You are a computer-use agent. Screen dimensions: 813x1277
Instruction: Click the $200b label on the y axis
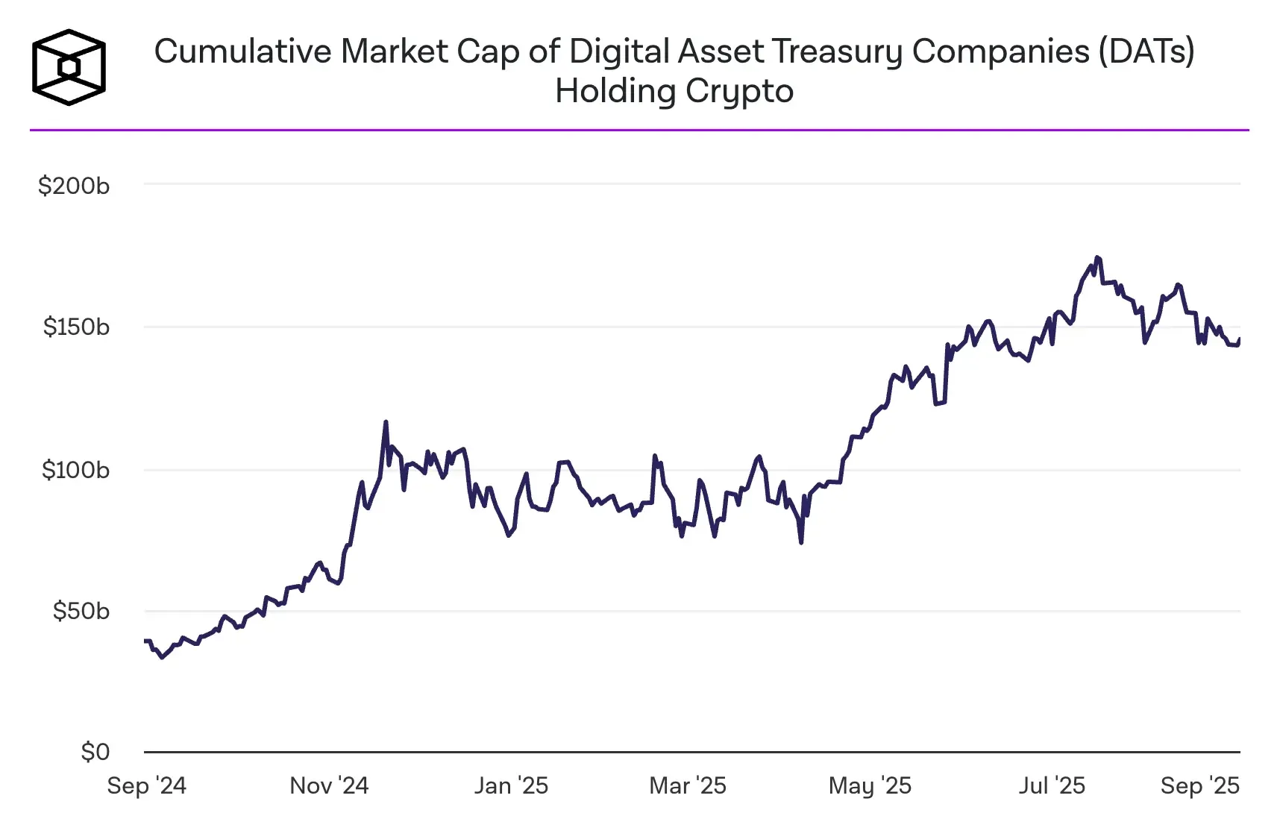74,186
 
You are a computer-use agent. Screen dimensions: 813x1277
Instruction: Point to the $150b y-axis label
76,327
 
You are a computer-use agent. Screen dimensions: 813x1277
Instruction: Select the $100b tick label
75,470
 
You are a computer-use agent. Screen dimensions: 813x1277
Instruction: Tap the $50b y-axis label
81,611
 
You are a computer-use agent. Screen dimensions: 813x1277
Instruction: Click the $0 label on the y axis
95,752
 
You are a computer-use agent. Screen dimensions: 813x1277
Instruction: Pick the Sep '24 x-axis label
146,785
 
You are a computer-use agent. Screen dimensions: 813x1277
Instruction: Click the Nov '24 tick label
329,785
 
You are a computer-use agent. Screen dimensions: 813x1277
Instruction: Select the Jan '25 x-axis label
511,785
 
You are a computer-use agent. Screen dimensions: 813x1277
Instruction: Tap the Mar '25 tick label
688,785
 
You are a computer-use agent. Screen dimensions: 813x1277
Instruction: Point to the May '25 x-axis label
870,785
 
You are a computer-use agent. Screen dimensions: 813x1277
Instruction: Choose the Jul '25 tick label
1052,785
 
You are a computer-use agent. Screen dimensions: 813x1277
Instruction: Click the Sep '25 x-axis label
1199,785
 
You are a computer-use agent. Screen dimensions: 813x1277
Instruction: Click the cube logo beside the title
69,67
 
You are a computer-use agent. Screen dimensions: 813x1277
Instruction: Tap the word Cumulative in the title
242,51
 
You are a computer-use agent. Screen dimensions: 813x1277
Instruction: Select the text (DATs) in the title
1146,51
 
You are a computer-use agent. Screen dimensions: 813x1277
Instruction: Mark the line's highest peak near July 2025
1096,258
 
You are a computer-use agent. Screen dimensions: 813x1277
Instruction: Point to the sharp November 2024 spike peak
386,422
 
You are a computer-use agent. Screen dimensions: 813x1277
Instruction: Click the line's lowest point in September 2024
162,657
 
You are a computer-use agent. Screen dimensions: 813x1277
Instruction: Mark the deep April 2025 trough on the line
801,542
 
